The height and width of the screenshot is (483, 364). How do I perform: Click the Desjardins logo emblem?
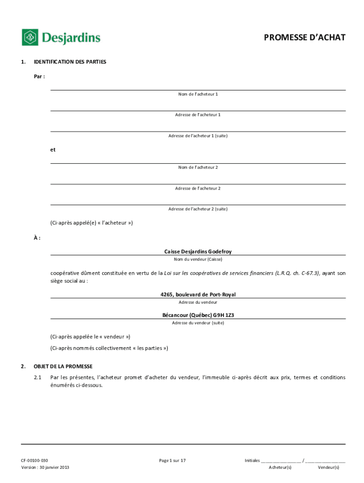30,37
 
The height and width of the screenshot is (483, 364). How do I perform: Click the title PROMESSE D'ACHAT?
304,37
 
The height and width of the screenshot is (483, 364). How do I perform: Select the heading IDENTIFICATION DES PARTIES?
70,62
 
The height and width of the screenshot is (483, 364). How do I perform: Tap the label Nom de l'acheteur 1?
198,94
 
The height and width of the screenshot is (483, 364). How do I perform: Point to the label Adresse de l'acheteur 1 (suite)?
198,136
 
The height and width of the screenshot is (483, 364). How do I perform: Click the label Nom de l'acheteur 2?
198,167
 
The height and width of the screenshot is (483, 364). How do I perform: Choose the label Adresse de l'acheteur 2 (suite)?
198,209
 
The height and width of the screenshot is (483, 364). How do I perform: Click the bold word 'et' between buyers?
53,150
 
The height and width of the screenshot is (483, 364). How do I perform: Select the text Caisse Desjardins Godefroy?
198,252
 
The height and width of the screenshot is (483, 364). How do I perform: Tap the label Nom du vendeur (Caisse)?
198,259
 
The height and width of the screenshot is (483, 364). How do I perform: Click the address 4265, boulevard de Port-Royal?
198,295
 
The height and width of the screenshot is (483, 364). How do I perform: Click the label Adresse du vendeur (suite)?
198,323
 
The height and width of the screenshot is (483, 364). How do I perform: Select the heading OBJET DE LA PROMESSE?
63,366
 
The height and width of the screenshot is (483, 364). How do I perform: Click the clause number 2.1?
38,378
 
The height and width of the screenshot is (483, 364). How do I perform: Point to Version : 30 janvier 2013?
45,467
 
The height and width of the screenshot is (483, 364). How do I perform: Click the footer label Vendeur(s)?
329,467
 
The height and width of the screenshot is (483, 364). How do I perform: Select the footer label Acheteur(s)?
280,467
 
